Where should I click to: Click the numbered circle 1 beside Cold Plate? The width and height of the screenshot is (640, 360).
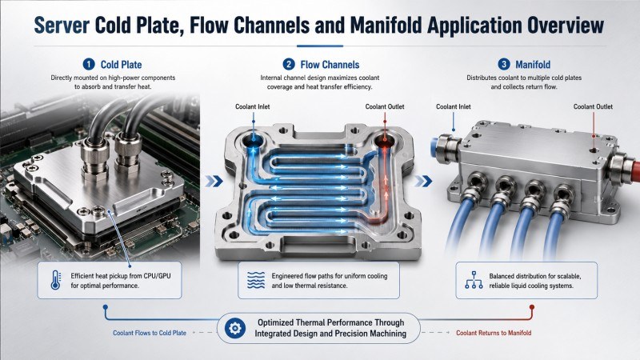pos(89,65)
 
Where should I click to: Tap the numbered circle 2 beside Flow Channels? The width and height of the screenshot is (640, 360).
pos(289,65)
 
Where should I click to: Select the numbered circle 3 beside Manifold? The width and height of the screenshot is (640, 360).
pos(504,65)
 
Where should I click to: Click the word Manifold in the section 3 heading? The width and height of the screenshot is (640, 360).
pos(533,65)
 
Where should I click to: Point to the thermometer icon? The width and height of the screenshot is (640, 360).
pos(55,281)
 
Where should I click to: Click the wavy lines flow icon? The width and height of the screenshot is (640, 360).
pos(256,281)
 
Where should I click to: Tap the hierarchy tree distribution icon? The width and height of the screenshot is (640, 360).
pos(474,280)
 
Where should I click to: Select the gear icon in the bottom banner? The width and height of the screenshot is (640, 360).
pos(235,328)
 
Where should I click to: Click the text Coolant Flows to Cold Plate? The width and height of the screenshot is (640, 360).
pos(150,333)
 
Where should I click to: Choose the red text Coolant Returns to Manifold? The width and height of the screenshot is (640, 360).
pos(494,333)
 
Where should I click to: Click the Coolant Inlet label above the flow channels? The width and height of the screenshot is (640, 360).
pos(252,106)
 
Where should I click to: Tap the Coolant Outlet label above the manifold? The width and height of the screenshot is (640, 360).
pos(593,106)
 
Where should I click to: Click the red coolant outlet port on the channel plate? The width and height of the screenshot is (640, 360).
pos(385,142)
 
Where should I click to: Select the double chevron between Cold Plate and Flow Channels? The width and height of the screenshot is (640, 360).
pos(214,181)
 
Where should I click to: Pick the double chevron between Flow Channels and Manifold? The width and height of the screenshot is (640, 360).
pos(423,181)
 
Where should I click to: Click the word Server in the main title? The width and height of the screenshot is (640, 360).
pos(62,26)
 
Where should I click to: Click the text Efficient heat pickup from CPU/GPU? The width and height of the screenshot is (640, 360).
pos(121,276)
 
